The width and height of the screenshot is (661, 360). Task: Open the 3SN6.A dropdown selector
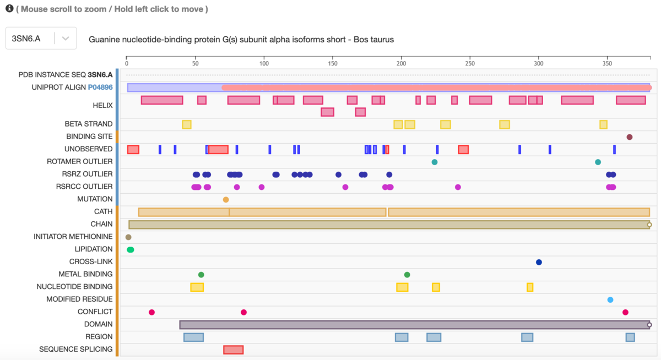point(41,39)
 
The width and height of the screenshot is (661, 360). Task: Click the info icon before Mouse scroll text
point(9,9)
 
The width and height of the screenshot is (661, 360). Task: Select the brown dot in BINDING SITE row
point(629,137)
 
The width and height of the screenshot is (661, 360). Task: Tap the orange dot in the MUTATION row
point(226,199)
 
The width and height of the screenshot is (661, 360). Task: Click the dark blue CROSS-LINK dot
point(539,262)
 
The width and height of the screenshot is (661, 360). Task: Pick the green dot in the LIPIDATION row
point(131,250)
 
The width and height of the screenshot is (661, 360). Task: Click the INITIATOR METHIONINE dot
point(128,237)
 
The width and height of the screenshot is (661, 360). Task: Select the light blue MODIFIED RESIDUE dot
point(610,300)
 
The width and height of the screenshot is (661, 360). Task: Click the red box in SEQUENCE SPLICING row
point(233,350)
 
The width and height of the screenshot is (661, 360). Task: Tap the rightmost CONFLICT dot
point(625,313)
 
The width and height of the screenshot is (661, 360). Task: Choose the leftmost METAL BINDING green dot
point(201,275)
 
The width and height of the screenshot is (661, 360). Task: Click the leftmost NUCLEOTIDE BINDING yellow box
point(197,287)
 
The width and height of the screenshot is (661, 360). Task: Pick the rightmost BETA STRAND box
point(603,124)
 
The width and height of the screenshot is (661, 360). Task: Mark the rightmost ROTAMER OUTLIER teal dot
point(598,162)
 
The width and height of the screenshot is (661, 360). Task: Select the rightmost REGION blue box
point(630,337)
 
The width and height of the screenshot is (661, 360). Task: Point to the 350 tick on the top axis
point(607,57)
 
